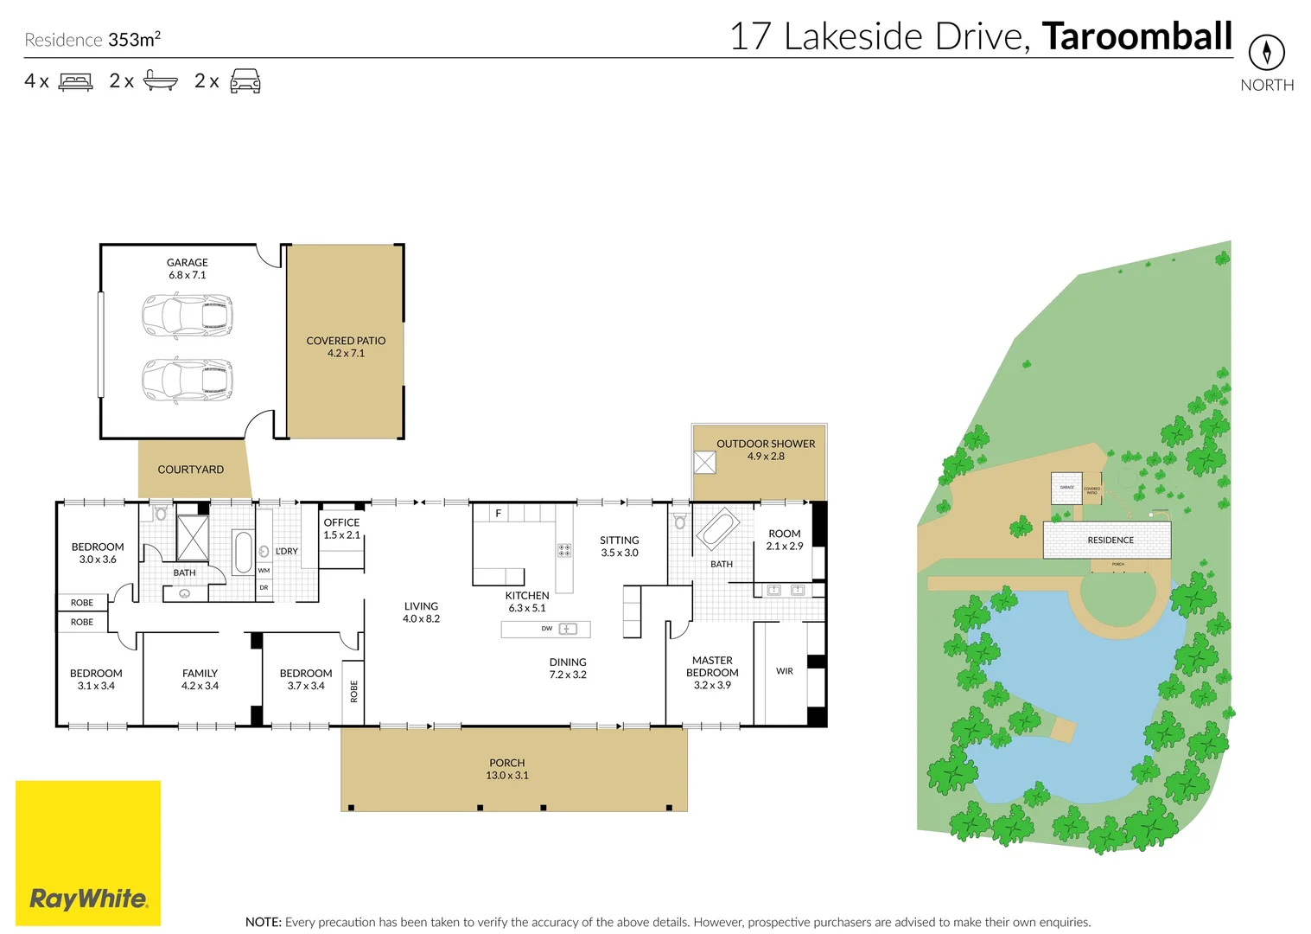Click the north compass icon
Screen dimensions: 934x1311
pos(1266,53)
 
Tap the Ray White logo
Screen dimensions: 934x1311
pos(88,898)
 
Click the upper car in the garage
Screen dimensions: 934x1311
pos(188,316)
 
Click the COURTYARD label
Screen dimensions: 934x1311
pos(190,470)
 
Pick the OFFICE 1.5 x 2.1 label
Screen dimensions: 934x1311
pos(341,528)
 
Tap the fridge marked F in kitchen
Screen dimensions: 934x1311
pos(499,513)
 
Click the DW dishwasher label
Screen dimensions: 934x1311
pos(547,629)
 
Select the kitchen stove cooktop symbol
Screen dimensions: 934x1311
pos(564,550)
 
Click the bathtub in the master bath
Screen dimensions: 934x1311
pos(717,528)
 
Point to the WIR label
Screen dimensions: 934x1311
pos(784,671)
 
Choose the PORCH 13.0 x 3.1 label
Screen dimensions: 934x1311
pos(507,769)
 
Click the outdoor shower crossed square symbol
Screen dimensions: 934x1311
pos(704,463)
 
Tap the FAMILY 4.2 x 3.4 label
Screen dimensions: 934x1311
pos(200,679)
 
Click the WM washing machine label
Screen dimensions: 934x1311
pos(264,571)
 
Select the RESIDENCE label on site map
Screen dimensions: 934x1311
pos(1110,541)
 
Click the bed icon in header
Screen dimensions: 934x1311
pos(76,81)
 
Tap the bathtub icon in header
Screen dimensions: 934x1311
pos(161,81)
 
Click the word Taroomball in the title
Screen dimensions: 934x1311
pos(1136,36)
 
